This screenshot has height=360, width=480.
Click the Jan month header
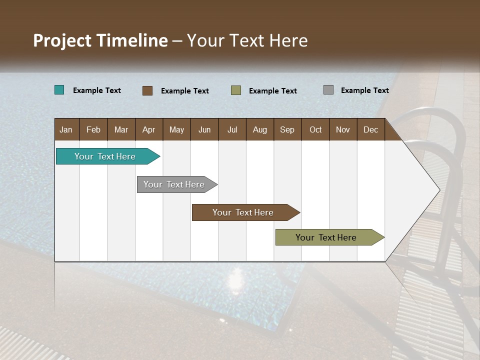click(x=66, y=129)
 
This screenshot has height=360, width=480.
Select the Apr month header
click(x=148, y=129)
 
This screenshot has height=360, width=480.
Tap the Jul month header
click(x=232, y=129)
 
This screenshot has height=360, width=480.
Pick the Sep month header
click(x=287, y=129)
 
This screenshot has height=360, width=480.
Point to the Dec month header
click(x=370, y=129)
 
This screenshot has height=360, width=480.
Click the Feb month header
click(x=93, y=129)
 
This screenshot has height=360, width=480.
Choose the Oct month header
click(x=315, y=129)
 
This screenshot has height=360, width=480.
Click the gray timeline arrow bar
click(x=175, y=184)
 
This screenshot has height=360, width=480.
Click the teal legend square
click(x=59, y=90)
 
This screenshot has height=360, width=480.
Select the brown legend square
click(x=147, y=90)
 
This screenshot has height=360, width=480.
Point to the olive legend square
click(x=236, y=90)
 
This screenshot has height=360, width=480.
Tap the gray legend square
click(x=328, y=90)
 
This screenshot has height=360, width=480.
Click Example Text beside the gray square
click(x=364, y=90)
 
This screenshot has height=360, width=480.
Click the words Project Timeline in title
click(x=100, y=40)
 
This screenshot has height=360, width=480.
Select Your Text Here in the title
click(x=247, y=40)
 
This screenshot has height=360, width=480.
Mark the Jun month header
click(x=204, y=129)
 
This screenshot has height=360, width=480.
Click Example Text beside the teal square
click(x=97, y=90)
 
